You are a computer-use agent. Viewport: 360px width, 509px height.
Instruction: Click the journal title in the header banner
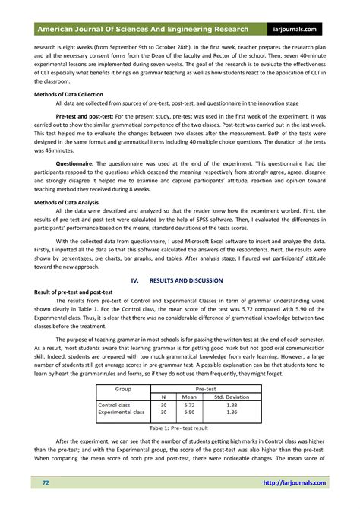click(142, 29)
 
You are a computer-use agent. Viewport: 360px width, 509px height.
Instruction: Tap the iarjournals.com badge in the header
click(301, 29)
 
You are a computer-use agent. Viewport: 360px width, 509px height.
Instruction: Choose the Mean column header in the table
click(189, 396)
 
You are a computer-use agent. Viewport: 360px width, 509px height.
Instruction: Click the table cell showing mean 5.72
click(189, 405)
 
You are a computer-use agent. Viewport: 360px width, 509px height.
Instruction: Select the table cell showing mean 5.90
click(189, 413)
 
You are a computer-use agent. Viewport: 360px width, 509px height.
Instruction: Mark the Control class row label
click(114, 405)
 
